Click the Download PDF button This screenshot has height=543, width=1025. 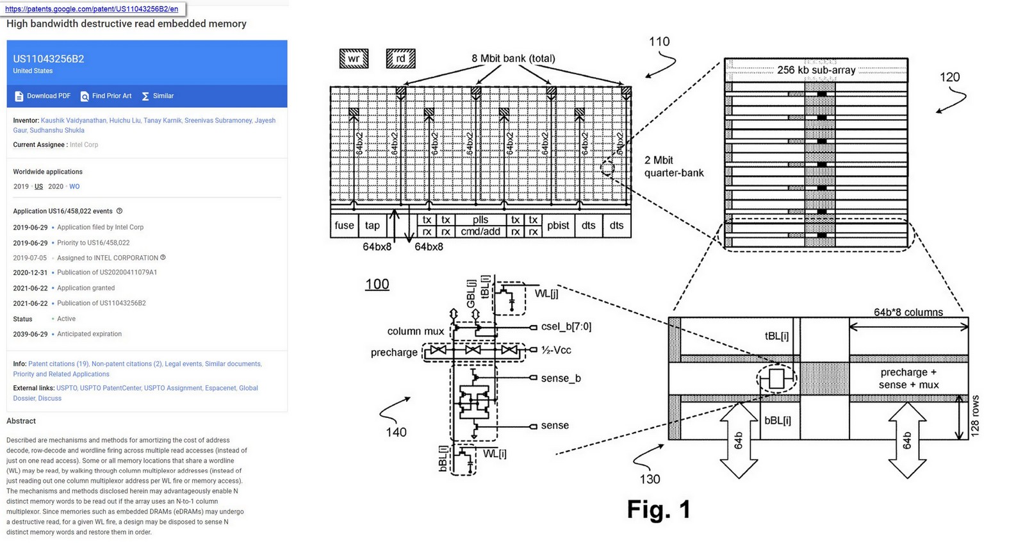[42, 96]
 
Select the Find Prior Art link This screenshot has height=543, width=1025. [106, 96]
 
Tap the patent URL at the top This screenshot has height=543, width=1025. [92, 9]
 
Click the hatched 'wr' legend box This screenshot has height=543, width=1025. [354, 58]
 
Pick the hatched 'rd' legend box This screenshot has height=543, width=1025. [400, 58]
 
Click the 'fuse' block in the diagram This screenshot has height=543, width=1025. [344, 225]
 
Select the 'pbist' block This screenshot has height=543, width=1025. [558, 225]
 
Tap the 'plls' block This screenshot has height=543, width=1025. [480, 220]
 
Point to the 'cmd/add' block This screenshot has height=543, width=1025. [480, 231]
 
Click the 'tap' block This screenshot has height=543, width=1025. [372, 225]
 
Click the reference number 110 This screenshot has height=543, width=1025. [659, 42]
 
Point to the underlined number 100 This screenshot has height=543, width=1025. [377, 284]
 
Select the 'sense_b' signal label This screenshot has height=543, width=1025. [561, 378]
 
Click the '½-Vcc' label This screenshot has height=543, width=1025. [556, 350]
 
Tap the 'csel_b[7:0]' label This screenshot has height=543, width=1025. [566, 326]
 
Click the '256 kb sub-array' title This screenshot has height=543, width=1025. [816, 70]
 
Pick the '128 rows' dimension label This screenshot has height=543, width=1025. [974, 415]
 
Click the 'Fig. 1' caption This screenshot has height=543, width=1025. [659, 509]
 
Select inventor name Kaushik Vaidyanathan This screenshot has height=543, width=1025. [73, 121]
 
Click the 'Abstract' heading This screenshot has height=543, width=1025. [21, 421]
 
